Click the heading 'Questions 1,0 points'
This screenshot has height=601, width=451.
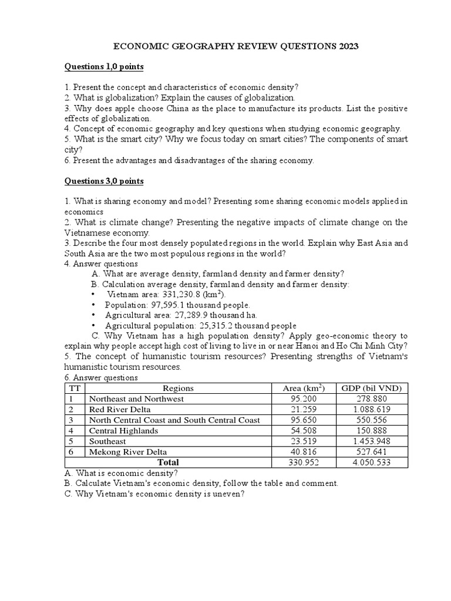(104, 66)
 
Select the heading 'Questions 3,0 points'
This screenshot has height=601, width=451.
(104, 181)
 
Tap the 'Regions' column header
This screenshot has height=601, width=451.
(178, 388)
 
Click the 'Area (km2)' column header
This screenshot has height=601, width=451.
(304, 388)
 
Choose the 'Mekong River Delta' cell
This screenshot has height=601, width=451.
(127, 451)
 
